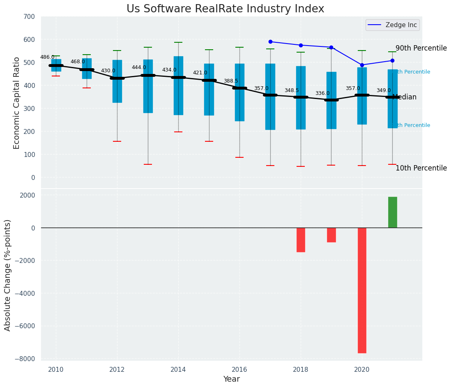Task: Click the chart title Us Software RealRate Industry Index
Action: (x=225, y=9)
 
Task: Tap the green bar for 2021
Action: (x=392, y=212)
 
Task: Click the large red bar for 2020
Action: (x=362, y=290)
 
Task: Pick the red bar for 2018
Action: (x=301, y=240)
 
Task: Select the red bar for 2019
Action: (x=331, y=235)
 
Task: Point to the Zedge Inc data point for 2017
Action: (x=270, y=41)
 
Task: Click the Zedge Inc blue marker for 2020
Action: (x=362, y=65)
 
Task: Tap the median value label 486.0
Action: (x=47, y=57)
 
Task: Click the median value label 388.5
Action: (x=231, y=81)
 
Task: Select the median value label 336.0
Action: (x=322, y=93)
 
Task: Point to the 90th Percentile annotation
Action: (x=421, y=48)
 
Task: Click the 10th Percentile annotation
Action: (x=421, y=168)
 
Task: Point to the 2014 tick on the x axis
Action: (x=178, y=369)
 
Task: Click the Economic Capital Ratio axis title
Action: (x=16, y=103)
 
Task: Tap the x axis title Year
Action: (x=231, y=379)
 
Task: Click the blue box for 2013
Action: (x=148, y=86)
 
